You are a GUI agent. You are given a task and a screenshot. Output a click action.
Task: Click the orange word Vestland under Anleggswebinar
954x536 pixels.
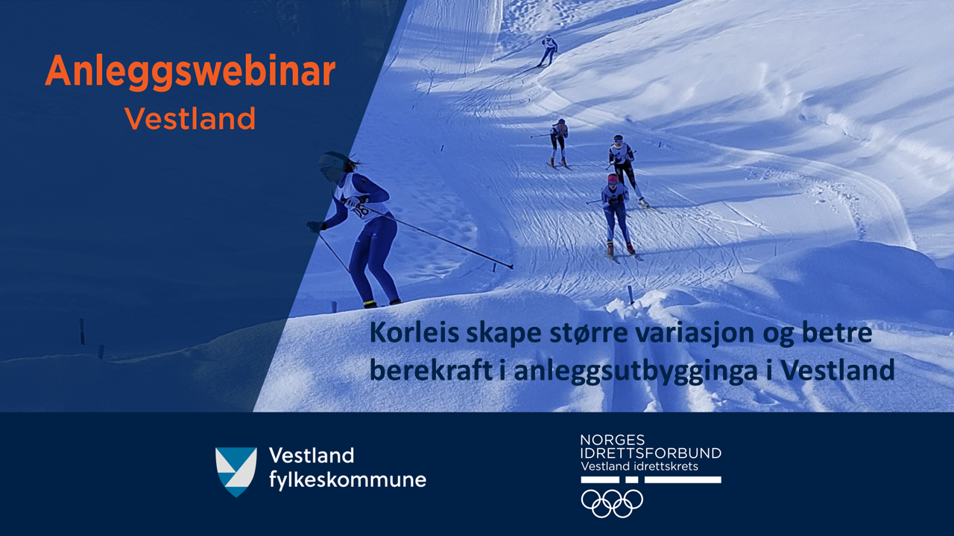tap(190, 118)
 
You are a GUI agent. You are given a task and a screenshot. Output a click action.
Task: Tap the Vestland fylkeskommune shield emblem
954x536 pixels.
tap(236, 472)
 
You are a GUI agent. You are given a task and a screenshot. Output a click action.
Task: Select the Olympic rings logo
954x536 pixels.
tap(612, 503)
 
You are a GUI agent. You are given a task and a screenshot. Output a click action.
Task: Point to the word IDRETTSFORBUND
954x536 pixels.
tap(651, 453)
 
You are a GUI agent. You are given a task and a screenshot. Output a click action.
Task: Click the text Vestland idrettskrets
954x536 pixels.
tap(639, 467)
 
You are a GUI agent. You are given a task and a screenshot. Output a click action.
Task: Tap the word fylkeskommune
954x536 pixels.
tap(347, 481)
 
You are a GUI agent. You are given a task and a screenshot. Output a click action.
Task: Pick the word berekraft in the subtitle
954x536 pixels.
tap(431, 371)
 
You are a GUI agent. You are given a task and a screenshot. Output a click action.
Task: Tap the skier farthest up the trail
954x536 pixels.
tap(549, 50)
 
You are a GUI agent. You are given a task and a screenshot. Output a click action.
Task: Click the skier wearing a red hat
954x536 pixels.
tap(616, 215)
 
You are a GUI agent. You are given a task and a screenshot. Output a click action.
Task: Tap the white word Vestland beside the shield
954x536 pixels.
tap(312, 456)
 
